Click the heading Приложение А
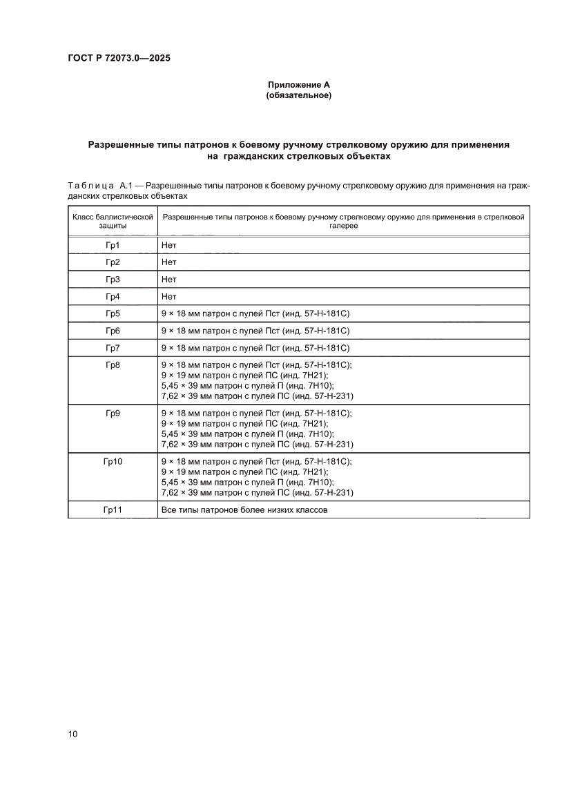[x=299, y=84]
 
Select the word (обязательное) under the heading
[x=299, y=95]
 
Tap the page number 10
[x=72, y=733]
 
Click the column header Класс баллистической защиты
[x=113, y=221]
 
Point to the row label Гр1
[x=113, y=245]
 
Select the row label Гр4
[x=113, y=297]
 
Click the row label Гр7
[x=113, y=347]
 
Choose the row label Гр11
[x=113, y=509]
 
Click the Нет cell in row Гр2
[x=168, y=262]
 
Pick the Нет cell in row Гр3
[x=168, y=280]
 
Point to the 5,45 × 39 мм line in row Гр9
[x=247, y=434]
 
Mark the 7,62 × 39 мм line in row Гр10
[x=257, y=493]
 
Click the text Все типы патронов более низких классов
[x=244, y=509]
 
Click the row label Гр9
[x=113, y=414]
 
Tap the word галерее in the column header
[x=343, y=226]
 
